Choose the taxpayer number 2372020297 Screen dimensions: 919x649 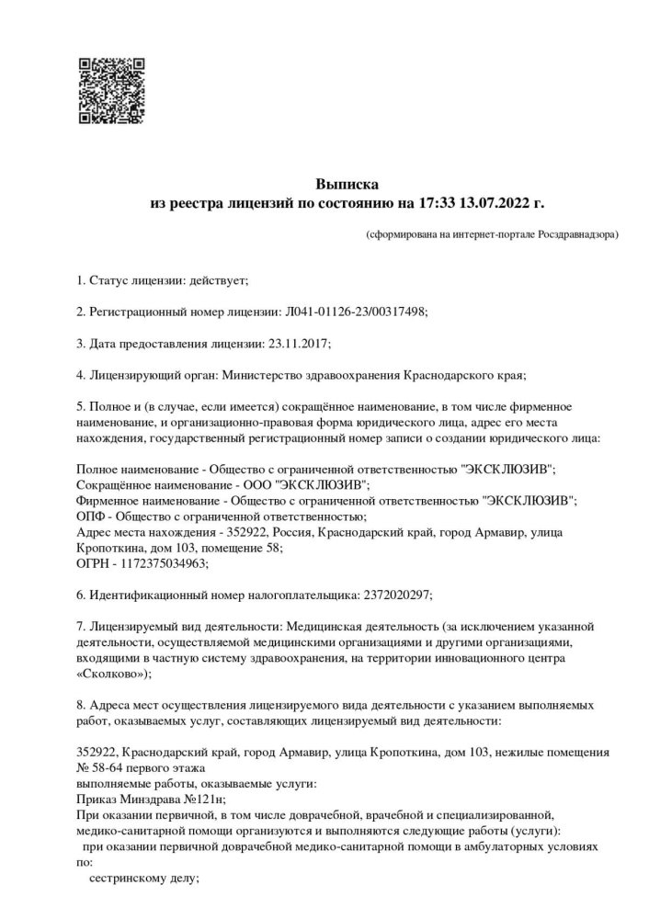click(x=393, y=595)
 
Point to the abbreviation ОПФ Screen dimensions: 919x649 click(x=90, y=516)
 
